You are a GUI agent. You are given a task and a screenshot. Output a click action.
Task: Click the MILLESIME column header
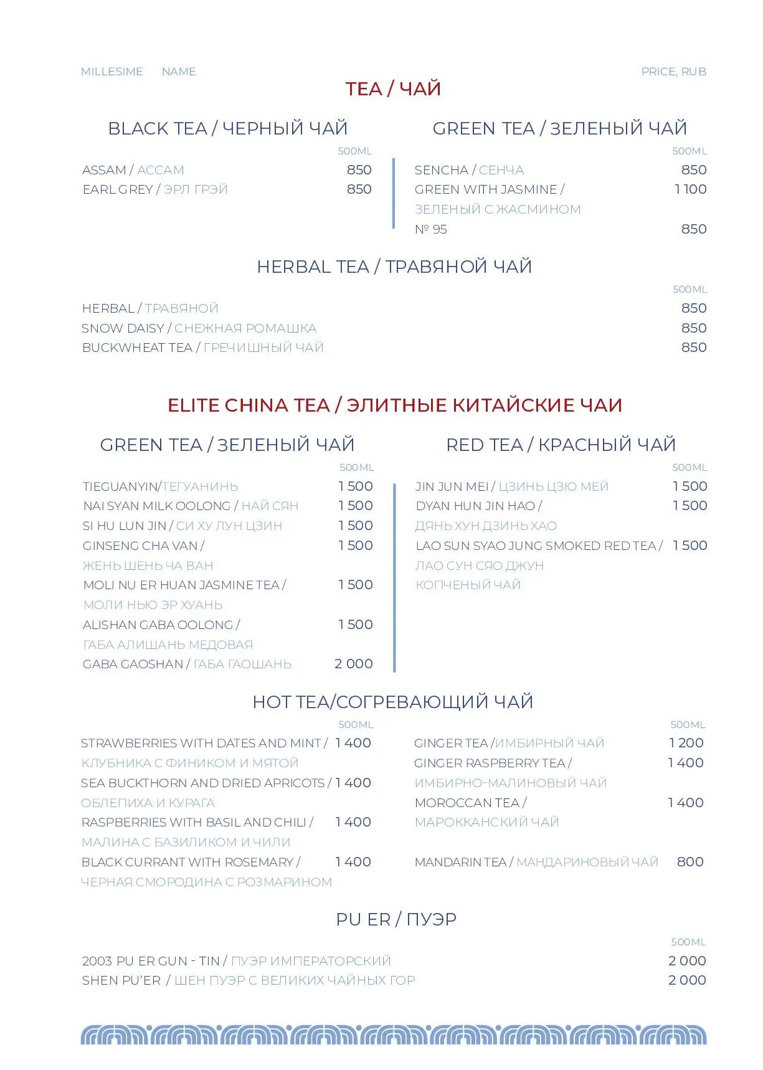[112, 72]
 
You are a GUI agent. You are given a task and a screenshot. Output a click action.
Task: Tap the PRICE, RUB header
[673, 72]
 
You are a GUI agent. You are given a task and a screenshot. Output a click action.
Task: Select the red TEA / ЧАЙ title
[393, 89]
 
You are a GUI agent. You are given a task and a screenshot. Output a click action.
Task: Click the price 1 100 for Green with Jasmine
[690, 189]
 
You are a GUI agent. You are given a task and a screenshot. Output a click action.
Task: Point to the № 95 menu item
[431, 229]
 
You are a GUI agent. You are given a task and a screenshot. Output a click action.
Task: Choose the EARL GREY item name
[118, 189]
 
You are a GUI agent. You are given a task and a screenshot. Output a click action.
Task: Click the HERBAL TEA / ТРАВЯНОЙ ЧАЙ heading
[394, 267]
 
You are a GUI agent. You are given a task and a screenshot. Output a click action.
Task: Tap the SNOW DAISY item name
[123, 328]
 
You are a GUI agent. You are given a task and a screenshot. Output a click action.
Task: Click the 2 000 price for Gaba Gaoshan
[353, 664]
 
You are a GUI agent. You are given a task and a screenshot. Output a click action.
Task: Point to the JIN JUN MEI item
[452, 486]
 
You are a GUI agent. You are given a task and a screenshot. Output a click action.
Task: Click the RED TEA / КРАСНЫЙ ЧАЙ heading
[561, 445]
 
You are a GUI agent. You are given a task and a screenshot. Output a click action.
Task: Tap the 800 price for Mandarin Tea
[690, 862]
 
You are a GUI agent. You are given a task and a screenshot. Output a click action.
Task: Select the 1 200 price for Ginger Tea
[686, 743]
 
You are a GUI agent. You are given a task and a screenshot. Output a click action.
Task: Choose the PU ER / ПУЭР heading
[396, 919]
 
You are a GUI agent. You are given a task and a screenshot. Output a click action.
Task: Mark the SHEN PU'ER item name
[121, 980]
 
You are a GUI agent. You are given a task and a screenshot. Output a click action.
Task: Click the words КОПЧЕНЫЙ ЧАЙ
[468, 585]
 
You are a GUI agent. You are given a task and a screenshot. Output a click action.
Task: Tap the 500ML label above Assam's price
[354, 151]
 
